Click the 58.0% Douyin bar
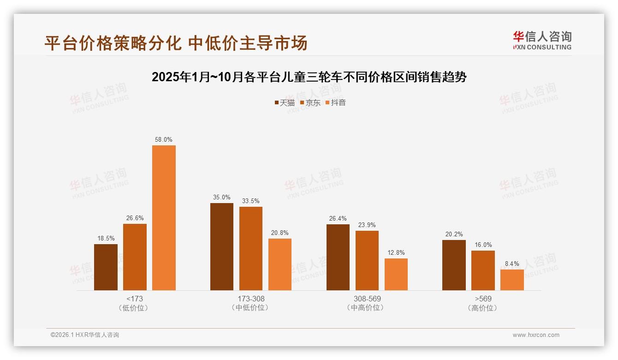[164, 218]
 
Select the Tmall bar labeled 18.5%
[106, 267]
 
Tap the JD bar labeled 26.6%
[135, 257]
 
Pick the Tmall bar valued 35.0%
[222, 246]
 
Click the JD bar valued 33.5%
[251, 248]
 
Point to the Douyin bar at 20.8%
[280, 264]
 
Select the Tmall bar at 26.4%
[338, 257]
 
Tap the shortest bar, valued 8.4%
[512, 280]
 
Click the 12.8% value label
[396, 253]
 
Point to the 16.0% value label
[483, 245]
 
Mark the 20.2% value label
[454, 234]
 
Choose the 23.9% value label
[367, 225]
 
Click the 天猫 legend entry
[285, 102]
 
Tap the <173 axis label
[134, 299]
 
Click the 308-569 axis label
[367, 299]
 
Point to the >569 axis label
[483, 299]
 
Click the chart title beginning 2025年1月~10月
[309, 77]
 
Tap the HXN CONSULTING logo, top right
[542, 41]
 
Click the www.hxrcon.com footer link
[536, 335]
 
